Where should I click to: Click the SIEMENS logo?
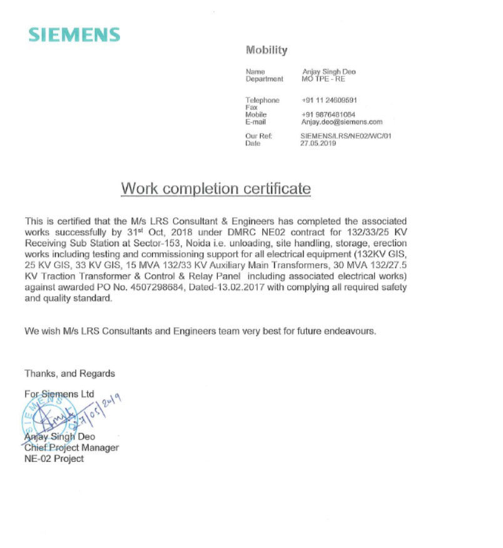74,34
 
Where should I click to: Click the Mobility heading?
267,50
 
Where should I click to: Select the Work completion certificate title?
216,188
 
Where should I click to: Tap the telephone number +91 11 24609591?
329,100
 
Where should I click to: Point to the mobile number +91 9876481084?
328,115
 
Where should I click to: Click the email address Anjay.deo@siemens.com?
342,122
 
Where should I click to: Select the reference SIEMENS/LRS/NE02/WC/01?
346,136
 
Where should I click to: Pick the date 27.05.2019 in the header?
318,143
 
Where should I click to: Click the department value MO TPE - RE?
323,79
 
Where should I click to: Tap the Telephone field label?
262,100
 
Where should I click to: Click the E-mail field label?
256,122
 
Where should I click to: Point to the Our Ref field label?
258,136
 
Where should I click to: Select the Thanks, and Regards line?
69,373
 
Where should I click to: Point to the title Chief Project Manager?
71,447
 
